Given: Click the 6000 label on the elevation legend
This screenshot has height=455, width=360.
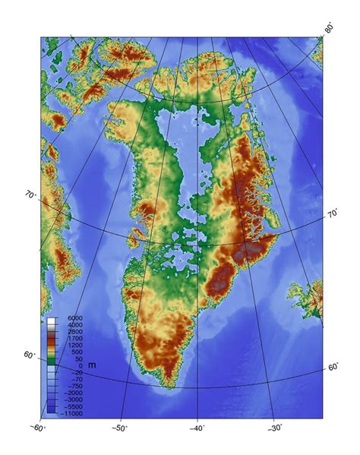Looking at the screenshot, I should pos(76,318).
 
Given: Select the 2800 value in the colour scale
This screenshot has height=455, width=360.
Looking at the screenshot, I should pos(76,331).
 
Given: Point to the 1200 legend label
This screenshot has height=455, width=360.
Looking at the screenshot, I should pos(76,345).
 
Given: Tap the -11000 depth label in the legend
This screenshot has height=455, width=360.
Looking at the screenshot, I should pos(72,413).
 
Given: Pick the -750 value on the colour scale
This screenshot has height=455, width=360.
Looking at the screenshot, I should pos(75,386).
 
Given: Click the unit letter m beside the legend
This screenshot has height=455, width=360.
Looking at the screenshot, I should pos(91,365).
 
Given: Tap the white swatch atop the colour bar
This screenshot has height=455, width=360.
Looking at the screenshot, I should pos(51,321).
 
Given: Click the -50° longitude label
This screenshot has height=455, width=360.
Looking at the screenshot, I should pos(120,428).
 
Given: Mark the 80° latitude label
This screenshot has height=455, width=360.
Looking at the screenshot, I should pos(330,29).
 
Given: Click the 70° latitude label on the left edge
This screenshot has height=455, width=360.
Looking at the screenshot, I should pos(30,196).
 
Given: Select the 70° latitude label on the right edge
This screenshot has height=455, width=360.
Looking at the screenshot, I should pos(333,215).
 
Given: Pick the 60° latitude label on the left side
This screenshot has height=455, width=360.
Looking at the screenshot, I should pos(28,356).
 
